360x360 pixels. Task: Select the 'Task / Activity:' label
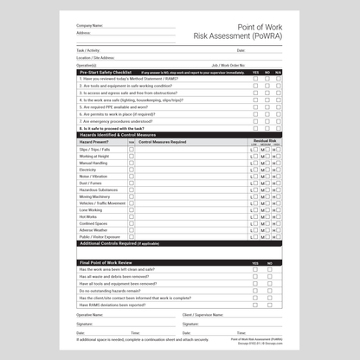click(x=88, y=50)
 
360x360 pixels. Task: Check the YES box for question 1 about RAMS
click(x=255, y=79)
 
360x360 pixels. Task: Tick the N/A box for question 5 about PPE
click(x=280, y=106)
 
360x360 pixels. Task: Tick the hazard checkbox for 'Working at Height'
click(x=132, y=156)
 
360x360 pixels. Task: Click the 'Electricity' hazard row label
click(x=88, y=170)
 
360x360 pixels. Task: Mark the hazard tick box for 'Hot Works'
click(x=132, y=215)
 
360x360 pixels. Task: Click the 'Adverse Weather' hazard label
click(x=94, y=230)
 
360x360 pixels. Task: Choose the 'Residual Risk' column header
click(x=265, y=139)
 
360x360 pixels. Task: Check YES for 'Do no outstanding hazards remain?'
click(x=255, y=291)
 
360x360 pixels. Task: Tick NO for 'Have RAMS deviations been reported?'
click(x=267, y=305)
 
